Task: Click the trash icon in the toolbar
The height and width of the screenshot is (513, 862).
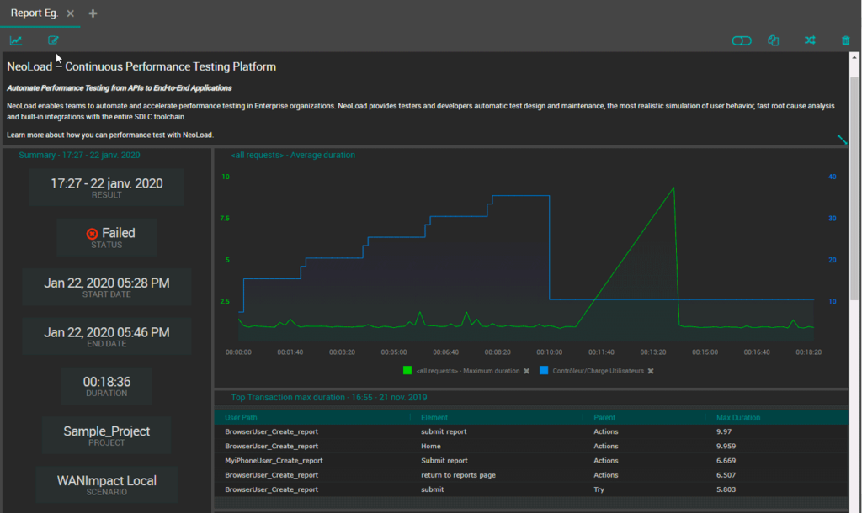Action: [x=845, y=40]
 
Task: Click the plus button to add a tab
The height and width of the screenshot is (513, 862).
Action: [x=93, y=13]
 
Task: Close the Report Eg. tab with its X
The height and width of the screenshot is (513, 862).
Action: [x=71, y=13]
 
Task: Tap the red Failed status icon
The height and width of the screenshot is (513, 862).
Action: [x=92, y=234]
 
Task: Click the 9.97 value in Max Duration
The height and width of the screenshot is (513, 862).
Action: [x=723, y=431]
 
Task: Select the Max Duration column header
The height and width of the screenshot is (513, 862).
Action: [x=737, y=417]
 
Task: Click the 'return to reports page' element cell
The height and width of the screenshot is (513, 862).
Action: [x=458, y=475]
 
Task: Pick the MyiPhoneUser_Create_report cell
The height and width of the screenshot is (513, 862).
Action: [x=274, y=461]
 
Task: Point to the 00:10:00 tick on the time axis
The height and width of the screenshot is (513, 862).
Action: [x=549, y=352]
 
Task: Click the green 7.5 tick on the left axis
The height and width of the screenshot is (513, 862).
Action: [x=225, y=219]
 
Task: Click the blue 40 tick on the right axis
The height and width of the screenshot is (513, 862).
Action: [x=833, y=177]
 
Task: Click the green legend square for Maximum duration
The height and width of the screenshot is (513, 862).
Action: [x=407, y=371]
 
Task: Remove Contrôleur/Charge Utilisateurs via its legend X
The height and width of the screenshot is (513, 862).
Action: [x=651, y=371]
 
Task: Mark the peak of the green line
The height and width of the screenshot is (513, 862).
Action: [x=673, y=188]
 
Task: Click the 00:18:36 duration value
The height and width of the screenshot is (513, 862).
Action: [x=107, y=382]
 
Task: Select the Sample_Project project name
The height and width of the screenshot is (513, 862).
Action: [x=107, y=431]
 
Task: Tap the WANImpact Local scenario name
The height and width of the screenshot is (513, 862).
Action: [x=107, y=480]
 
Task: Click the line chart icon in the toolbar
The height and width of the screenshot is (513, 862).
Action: [x=16, y=40]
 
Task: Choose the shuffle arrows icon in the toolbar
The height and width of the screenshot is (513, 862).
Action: [x=810, y=40]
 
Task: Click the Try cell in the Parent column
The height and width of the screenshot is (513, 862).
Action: [x=599, y=489]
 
